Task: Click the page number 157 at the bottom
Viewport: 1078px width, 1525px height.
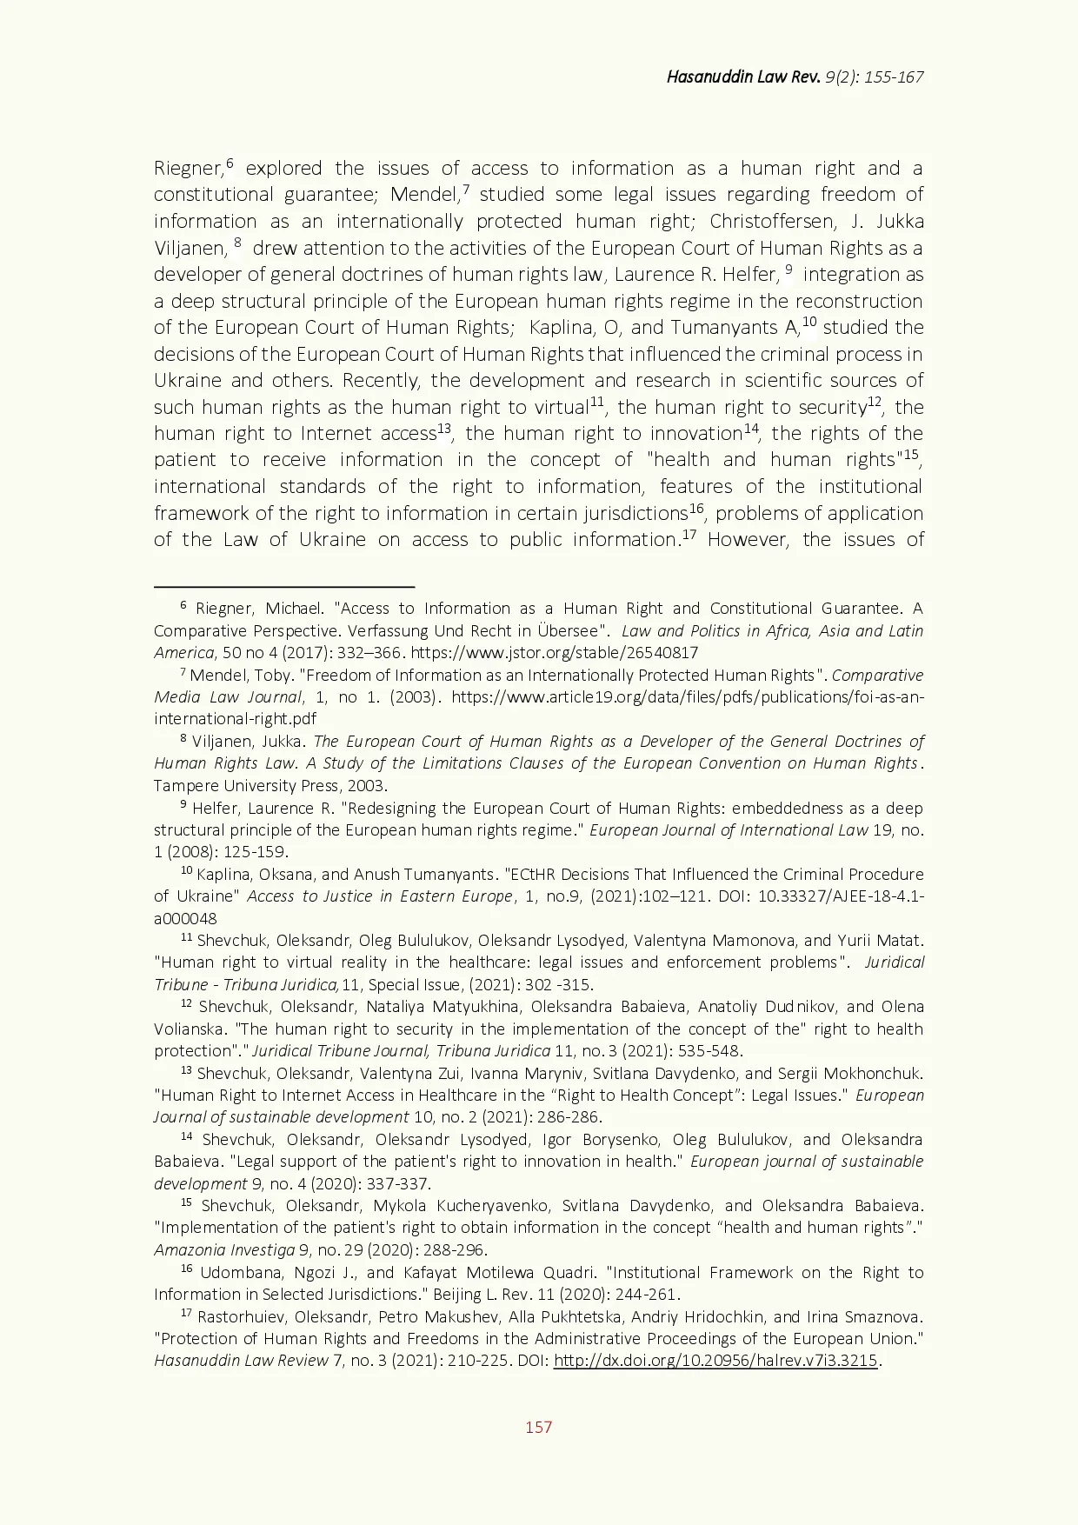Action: pos(538,1427)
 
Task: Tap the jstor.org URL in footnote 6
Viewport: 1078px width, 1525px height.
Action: pos(554,653)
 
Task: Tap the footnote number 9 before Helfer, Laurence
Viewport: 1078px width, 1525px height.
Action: pos(183,805)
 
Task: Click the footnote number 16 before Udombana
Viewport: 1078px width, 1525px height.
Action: pos(185,1269)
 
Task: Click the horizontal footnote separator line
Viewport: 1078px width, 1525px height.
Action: pos(284,587)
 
